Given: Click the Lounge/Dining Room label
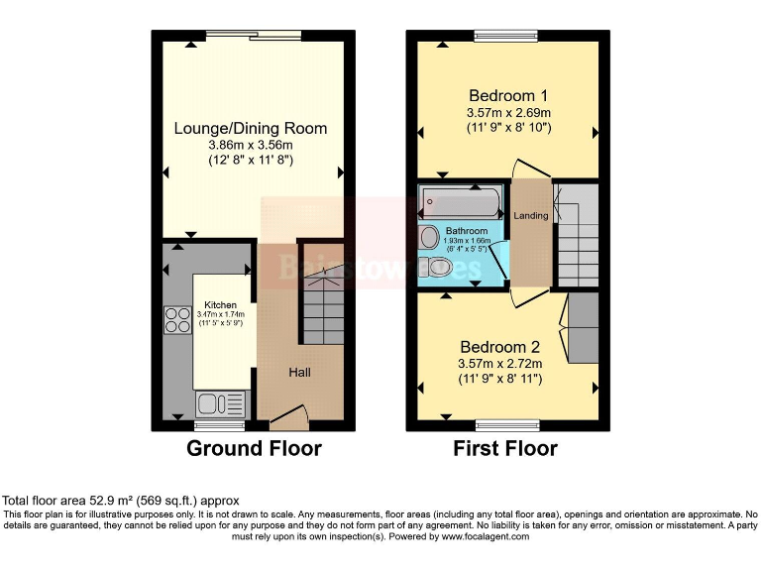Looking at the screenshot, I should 251,129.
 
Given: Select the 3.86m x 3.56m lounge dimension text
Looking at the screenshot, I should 251,145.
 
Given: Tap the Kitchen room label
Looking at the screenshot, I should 221,304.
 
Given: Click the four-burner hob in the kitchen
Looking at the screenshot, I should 177,319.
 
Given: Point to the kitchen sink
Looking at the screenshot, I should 213,402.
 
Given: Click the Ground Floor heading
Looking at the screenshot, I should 254,449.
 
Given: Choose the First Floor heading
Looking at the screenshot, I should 505,449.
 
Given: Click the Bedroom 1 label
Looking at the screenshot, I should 508,96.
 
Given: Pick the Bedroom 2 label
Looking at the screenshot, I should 499,347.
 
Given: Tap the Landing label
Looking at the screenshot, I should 530,215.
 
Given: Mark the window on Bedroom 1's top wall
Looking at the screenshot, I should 505,36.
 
